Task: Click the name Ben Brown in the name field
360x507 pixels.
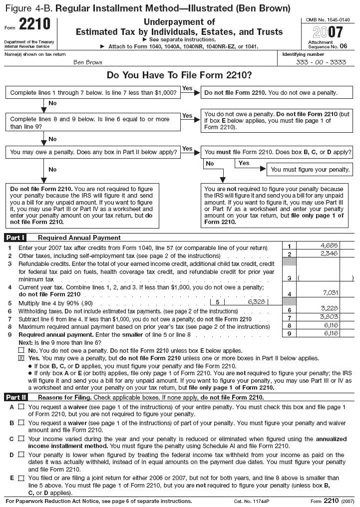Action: point(87,62)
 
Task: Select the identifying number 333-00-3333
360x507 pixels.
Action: point(314,62)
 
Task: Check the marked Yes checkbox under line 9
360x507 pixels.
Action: point(21,358)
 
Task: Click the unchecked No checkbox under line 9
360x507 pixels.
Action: point(21,351)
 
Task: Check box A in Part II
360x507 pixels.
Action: point(21,407)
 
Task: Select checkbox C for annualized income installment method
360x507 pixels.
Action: point(21,439)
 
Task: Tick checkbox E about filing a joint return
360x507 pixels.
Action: point(21,478)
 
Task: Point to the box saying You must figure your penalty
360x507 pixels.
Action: point(310,169)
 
